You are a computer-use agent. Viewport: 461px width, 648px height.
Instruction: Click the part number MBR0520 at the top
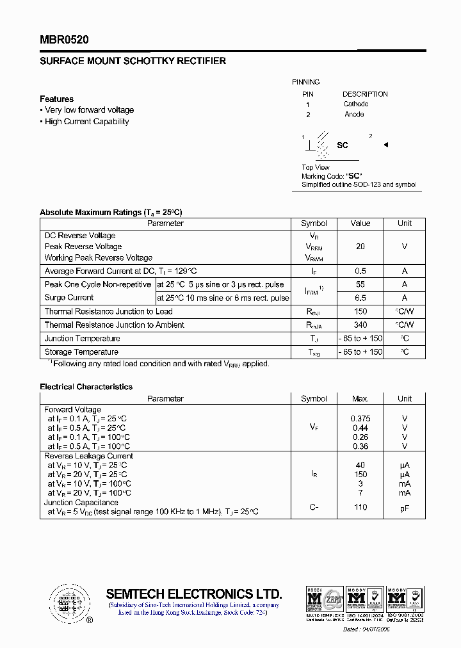(64, 40)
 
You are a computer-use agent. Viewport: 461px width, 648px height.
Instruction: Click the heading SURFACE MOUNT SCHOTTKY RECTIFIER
(133, 61)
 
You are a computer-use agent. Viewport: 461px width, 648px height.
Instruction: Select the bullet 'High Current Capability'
(86, 122)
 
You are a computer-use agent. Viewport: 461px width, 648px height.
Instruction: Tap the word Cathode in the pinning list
(355, 104)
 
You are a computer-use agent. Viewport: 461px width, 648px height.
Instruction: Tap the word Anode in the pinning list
(354, 115)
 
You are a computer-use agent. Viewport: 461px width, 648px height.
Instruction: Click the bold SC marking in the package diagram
(343, 145)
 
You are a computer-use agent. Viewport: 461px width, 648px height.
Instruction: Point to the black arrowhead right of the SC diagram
(386, 145)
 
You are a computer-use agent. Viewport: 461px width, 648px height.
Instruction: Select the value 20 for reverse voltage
(360, 247)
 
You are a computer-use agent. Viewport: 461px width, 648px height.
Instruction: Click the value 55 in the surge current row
(360, 284)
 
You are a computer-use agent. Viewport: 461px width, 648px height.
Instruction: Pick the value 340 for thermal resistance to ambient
(360, 325)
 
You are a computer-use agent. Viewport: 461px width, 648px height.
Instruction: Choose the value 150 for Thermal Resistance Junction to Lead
(360, 311)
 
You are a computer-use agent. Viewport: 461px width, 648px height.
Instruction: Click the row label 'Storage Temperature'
(81, 352)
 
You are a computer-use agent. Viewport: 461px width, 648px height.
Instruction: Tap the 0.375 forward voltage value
(360, 419)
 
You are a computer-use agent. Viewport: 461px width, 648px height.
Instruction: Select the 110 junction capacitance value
(360, 507)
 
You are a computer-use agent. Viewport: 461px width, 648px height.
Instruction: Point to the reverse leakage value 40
(360, 466)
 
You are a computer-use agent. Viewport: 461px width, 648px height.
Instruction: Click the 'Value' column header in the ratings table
(360, 223)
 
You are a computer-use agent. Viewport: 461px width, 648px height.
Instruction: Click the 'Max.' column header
(360, 398)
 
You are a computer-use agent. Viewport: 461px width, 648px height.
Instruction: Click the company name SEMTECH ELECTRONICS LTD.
(193, 593)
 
